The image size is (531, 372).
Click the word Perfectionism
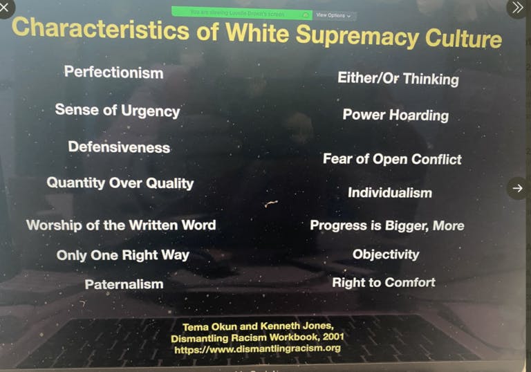coord(113,73)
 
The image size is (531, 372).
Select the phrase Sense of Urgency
coord(118,111)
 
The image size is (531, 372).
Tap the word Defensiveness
coord(119,147)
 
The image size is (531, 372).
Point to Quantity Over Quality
coord(120,183)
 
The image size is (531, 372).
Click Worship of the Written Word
coord(121,225)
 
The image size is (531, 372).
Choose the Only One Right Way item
coord(123,255)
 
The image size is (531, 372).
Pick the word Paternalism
coord(124,284)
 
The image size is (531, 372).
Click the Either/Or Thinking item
coord(398,78)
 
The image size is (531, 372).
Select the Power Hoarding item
coord(395,115)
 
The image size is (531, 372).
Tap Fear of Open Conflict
coord(392,159)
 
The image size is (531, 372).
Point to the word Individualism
coord(390,193)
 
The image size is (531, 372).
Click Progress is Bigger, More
coord(387,225)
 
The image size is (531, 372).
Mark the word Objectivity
coord(386,254)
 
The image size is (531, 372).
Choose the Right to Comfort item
coord(384,282)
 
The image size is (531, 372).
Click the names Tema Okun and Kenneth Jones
coord(257,326)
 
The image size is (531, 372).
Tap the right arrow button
coord(517,187)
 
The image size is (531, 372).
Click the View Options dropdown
coord(333,15)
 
